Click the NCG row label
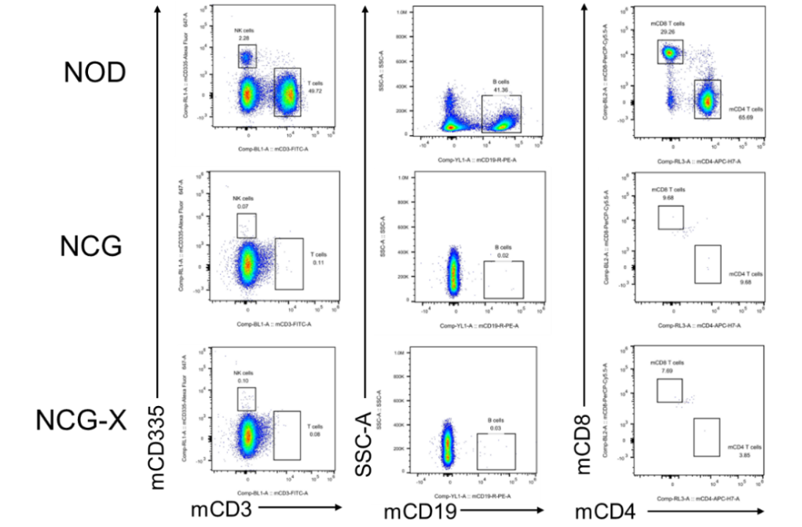pyautogui.click(x=91, y=247)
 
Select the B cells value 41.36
pyautogui.click(x=500, y=91)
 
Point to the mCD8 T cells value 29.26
pyautogui.click(x=667, y=31)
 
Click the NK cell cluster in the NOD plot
pyautogui.click(x=247, y=57)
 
